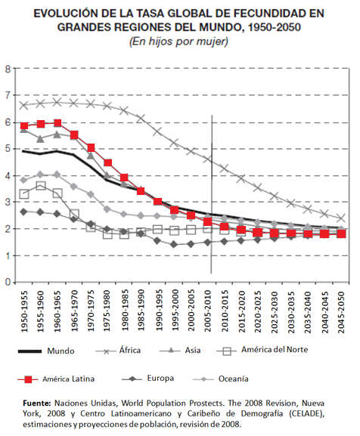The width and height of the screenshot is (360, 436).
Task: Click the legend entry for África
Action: pyautogui.click(x=118, y=351)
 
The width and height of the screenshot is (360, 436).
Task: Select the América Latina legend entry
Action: pyautogui.click(x=56, y=379)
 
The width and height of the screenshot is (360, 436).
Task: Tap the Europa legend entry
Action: pyautogui.click(x=147, y=378)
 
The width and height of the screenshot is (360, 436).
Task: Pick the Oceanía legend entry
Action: pyautogui.click(x=220, y=379)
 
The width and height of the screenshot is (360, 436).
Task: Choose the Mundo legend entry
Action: pyautogui.click(x=46, y=351)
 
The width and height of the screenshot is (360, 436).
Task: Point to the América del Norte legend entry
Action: pyautogui.click(x=262, y=350)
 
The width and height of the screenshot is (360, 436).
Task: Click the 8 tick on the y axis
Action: pyautogui.click(x=8, y=69)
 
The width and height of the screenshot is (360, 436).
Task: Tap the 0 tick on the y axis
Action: pyautogui.click(x=8, y=283)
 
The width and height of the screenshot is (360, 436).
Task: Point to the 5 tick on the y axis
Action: pyautogui.click(x=8, y=149)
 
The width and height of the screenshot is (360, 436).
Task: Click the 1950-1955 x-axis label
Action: pyautogui.click(x=24, y=311)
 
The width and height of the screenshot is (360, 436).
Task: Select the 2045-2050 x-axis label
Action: pyautogui.click(x=341, y=312)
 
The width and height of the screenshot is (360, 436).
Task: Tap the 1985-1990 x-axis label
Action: pyautogui.click(x=141, y=311)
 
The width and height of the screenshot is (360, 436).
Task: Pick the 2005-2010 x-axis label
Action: pyautogui.click(x=208, y=311)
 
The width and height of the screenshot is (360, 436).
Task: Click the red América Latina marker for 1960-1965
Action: pyautogui.click(x=57, y=123)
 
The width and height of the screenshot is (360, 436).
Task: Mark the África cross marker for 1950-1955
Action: pyautogui.click(x=24, y=105)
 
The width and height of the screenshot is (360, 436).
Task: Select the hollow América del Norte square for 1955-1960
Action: pyautogui.click(x=41, y=186)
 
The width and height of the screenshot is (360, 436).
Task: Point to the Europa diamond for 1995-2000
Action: pyautogui.click(x=174, y=244)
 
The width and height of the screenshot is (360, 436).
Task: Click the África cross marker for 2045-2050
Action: pyautogui.click(x=341, y=218)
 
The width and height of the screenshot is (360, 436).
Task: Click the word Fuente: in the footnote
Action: pyautogui.click(x=37, y=403)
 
